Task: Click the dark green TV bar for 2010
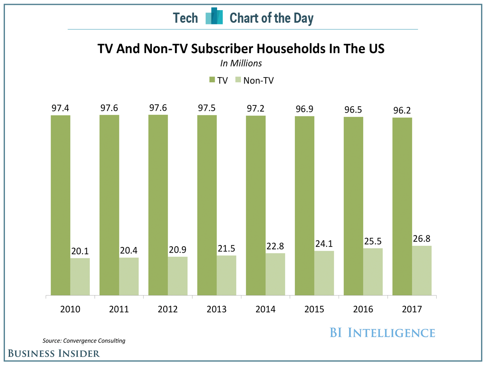60,205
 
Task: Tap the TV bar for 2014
256,205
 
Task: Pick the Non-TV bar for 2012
178,276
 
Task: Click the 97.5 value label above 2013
207,109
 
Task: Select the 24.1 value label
324,245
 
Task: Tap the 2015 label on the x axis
314,309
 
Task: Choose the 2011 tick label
119,309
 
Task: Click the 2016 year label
363,309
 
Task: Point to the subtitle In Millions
241,63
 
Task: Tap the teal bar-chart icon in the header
214,17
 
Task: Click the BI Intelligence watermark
382,333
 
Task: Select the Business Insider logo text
54,353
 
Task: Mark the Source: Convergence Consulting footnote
84,341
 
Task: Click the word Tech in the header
185,18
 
